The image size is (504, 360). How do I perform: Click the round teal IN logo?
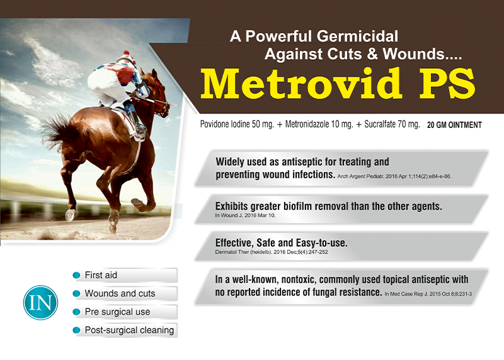(40, 303)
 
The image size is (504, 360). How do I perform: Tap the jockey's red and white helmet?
(127, 58)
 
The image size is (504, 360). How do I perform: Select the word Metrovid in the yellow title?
(301, 84)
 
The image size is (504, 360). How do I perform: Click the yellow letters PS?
(447, 84)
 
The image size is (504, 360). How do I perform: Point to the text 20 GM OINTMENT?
(454, 125)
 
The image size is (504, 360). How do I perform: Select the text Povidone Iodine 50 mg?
(237, 124)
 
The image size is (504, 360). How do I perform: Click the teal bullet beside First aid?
(76, 275)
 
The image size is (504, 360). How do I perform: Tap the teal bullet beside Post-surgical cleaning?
(76, 330)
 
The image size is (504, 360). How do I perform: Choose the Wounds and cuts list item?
(120, 293)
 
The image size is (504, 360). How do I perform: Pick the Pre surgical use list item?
(117, 311)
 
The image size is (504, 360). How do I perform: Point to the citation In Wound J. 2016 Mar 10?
(245, 215)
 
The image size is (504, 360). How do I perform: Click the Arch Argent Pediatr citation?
(394, 177)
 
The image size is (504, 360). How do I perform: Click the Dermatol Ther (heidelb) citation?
(272, 252)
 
